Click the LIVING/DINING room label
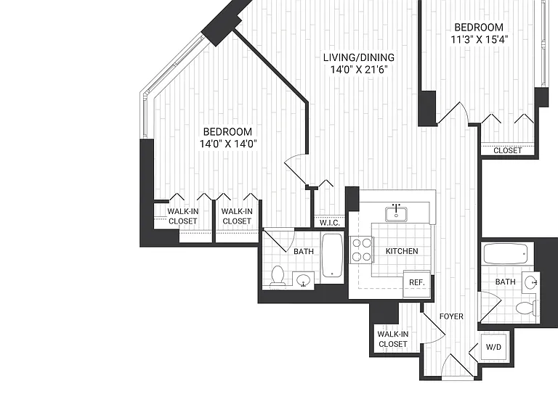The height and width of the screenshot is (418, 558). (358, 57)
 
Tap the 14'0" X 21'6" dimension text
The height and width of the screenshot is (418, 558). (358, 70)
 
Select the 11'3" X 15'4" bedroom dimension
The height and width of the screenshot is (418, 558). (479, 39)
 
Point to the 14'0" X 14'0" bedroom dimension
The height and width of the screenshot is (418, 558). (227, 144)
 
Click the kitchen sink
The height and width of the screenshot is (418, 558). (396, 213)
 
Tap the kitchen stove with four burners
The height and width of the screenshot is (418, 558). (362, 250)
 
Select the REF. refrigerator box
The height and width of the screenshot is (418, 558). (417, 283)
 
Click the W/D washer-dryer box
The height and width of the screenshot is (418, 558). (493, 347)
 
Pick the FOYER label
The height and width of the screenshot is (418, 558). (451, 316)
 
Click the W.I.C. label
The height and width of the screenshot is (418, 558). (330, 223)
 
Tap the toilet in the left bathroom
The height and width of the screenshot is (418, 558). (278, 276)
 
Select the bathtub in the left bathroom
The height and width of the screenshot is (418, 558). (332, 255)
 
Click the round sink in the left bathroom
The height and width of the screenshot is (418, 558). (304, 280)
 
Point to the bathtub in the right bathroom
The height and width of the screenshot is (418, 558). (506, 253)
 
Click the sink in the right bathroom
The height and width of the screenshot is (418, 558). (531, 282)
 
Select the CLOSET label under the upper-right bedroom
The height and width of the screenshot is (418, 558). (507, 151)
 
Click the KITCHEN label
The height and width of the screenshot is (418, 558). (402, 251)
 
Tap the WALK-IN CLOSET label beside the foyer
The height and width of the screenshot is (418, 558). (393, 339)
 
